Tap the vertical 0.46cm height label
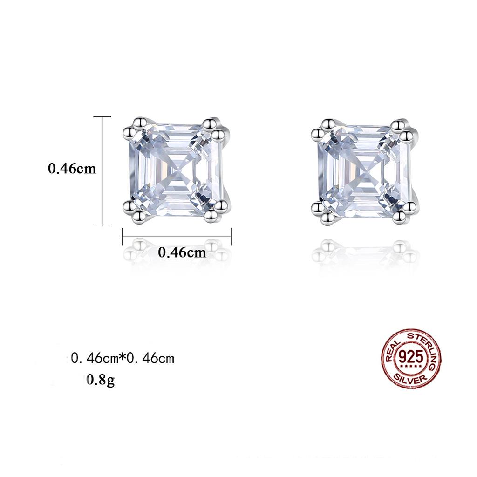[72, 169]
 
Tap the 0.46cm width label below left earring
[182, 252]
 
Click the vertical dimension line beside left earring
[103, 170]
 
